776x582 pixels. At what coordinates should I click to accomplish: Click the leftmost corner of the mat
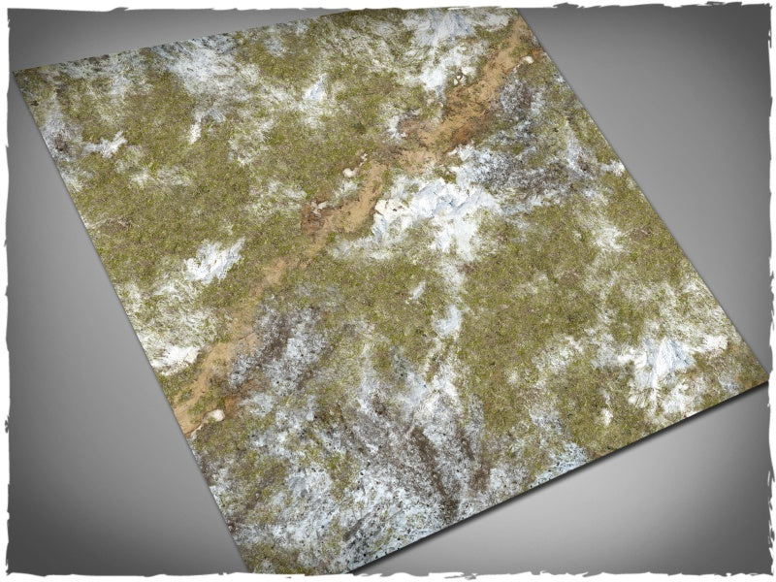pos(16,73)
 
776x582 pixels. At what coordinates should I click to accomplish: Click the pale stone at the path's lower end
pos(216,414)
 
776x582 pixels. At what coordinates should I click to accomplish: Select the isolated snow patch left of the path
pos(214,260)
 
